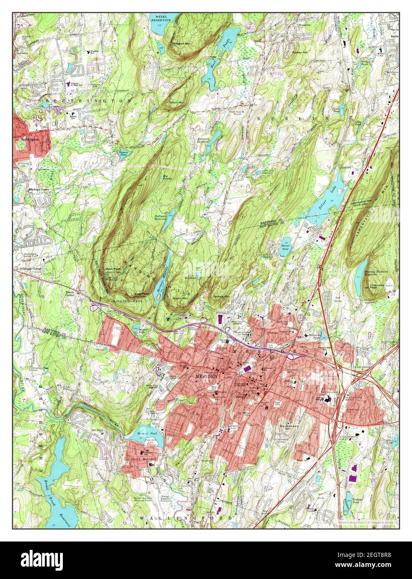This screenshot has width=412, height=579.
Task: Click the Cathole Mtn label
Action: coord(221,297)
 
